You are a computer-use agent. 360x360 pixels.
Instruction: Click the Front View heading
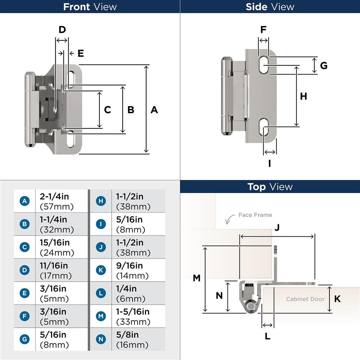coord(90,7)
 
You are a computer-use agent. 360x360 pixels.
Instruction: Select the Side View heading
coord(270,7)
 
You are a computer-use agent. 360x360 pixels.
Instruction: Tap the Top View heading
coord(270,187)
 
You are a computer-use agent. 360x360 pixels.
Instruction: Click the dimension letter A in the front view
coord(154,110)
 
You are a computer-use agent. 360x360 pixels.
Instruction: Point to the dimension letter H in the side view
coord(303,96)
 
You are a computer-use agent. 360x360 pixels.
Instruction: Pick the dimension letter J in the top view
coord(277,227)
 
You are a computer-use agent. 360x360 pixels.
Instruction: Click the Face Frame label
coord(255,215)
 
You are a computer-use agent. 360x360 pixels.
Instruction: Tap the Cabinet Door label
coord(305,299)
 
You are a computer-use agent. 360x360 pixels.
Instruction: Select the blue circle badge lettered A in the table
coord(24,201)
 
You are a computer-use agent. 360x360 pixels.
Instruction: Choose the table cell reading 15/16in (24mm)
coord(57,247)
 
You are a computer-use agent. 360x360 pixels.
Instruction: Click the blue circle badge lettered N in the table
coord(101,339)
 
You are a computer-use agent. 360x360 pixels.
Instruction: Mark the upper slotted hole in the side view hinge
coord(264,65)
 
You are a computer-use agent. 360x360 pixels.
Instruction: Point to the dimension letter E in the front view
coord(81,53)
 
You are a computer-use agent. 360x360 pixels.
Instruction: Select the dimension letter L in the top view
coord(268,336)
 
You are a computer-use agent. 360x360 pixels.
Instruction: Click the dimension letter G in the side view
coord(324,65)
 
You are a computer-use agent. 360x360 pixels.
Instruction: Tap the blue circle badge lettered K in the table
coord(101,270)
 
